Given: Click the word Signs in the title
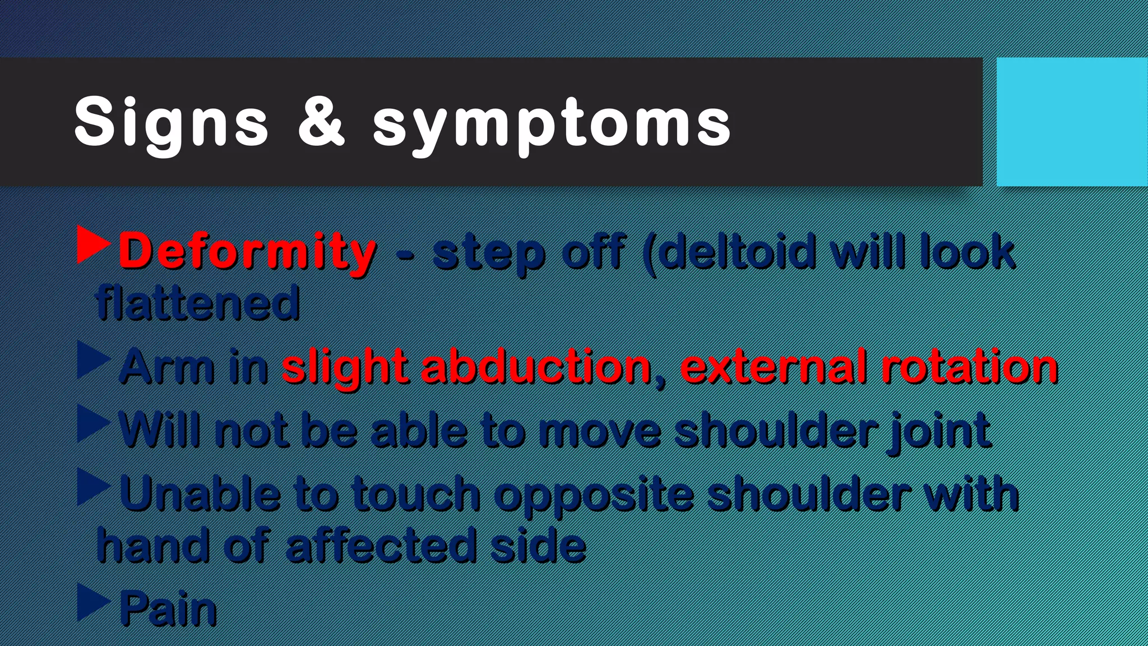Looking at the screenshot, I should (171, 123).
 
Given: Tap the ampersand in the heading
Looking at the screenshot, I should (321, 122).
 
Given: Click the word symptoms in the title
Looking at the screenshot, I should (552, 124).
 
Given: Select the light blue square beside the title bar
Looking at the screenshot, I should (1071, 122).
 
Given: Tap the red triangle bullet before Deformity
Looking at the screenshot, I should (92, 245).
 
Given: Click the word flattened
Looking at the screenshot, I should (197, 303).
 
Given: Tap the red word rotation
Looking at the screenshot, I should (969, 367).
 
